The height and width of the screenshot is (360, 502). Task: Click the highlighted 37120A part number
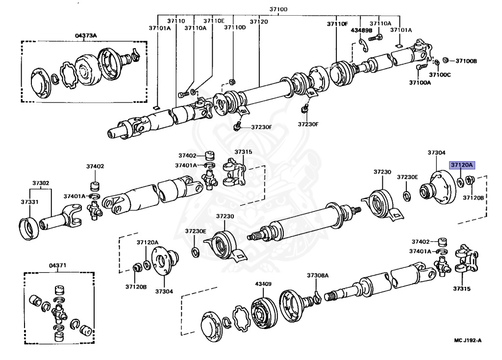coord(462,165)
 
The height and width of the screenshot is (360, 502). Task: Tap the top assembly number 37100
coord(278,9)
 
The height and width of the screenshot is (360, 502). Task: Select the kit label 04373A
coord(86,35)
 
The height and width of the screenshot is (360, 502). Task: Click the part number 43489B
coord(360,30)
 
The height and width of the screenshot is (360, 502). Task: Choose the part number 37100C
coord(440,75)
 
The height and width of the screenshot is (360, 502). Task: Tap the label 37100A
coord(420,82)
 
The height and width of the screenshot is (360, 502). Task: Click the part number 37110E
coord(214,21)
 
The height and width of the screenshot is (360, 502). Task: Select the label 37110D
coord(235,28)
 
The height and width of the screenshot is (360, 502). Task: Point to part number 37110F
coord(337,24)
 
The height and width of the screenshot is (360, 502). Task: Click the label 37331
coord(29,201)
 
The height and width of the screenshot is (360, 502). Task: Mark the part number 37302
coord(41,183)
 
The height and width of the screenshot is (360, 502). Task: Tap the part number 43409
coord(263,283)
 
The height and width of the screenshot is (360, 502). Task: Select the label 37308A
coord(318,276)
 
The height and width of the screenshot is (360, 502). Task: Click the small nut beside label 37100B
coord(446,60)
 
